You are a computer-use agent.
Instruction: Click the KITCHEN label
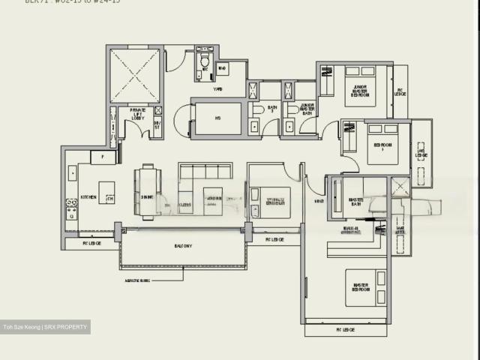[x=88, y=197]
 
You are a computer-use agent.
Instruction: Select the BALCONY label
[x=183, y=245]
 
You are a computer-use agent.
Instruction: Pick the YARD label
[x=218, y=89]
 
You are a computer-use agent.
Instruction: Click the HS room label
[x=217, y=118]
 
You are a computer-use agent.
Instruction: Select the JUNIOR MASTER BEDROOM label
[x=361, y=90]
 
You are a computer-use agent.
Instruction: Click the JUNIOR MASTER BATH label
[x=307, y=109]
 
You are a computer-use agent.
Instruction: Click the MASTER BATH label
[x=355, y=202]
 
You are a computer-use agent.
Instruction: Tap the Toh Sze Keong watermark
[x=45, y=326]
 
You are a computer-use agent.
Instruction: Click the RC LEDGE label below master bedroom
[x=345, y=329]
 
